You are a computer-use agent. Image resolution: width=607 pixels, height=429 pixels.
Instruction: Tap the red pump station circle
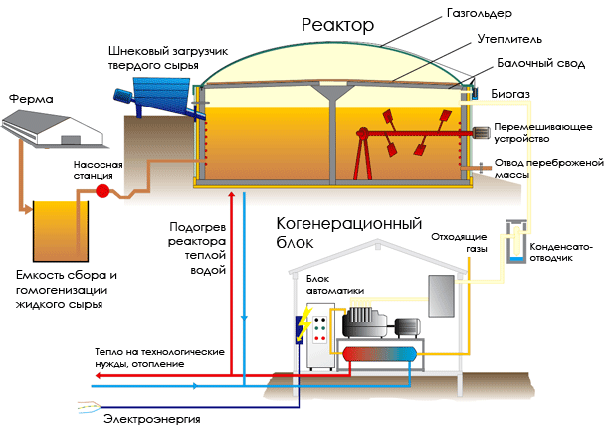point(102,191)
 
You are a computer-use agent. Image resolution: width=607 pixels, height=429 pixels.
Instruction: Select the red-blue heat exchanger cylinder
point(379,354)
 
